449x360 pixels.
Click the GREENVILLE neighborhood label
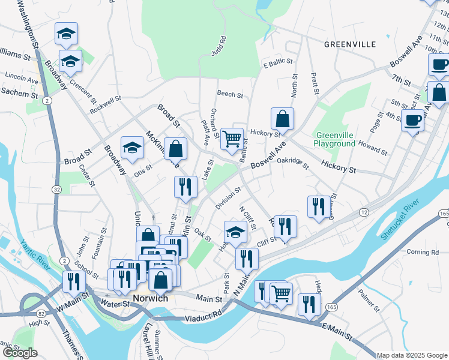(x=349, y=44)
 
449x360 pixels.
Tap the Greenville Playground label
(x=336, y=139)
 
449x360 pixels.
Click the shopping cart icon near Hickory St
(x=232, y=139)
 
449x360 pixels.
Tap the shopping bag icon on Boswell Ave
(x=282, y=119)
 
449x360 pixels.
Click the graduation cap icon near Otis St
(x=133, y=148)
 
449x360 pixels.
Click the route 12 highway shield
(x=364, y=213)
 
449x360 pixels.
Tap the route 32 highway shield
(x=56, y=189)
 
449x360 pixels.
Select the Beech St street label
(x=230, y=95)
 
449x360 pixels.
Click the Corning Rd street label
(x=423, y=253)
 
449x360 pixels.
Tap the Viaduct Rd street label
(x=203, y=317)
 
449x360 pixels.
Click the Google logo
(x=20, y=353)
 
